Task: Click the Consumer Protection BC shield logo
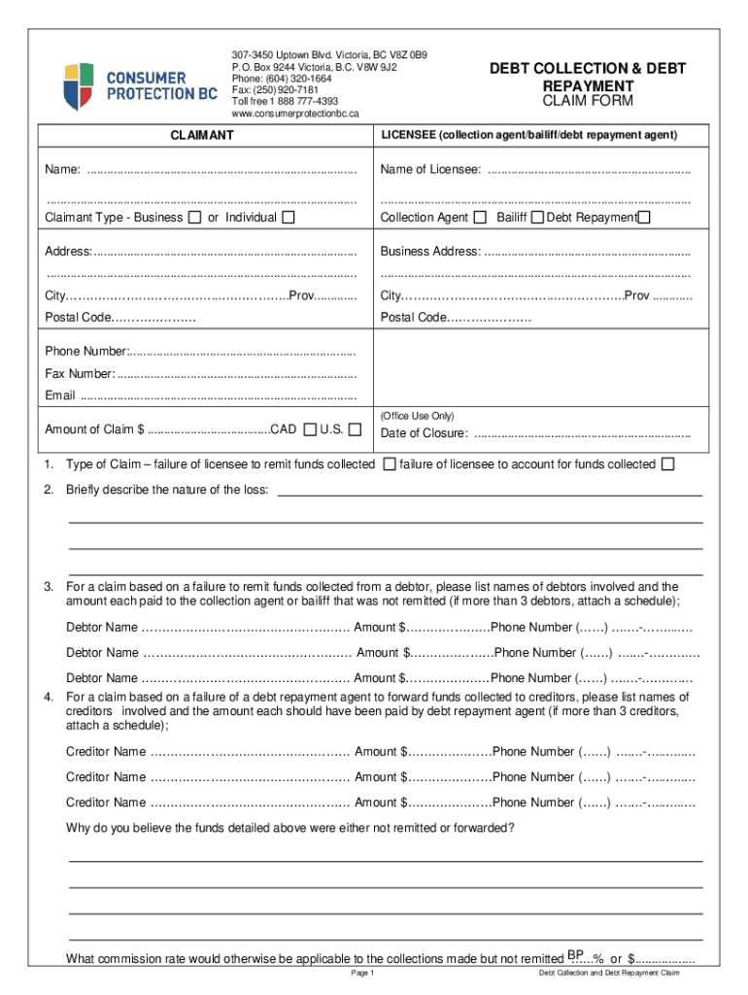pos(78,86)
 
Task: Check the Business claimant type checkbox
pos(194,217)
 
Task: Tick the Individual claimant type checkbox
pos(288,217)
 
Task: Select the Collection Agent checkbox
pos(480,217)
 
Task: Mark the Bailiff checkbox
pos(536,217)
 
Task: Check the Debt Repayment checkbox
pos(644,217)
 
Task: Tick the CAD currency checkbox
pos(309,429)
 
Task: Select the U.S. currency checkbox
pos(355,429)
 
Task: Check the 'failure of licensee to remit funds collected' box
pos(389,464)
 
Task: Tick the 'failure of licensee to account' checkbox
pos(667,464)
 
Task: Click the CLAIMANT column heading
pos(201,135)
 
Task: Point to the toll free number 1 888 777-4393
pos(285,101)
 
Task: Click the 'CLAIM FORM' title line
pos(587,101)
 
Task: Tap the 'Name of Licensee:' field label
pos(430,170)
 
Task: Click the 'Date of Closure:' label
pos(424,433)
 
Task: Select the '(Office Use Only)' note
pos(417,415)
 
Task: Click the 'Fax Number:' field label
pos(80,374)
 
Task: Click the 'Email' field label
pos(60,395)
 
